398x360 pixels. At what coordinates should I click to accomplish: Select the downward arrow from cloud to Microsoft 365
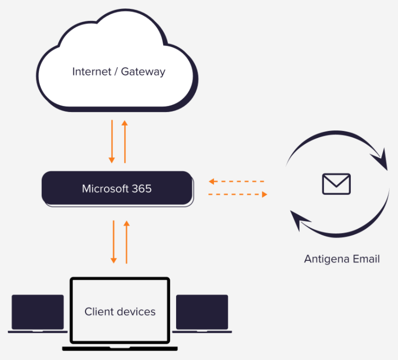click(x=112, y=141)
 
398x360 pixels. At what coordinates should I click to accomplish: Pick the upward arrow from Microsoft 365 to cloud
click(x=125, y=141)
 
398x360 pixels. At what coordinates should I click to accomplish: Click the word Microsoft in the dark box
click(x=102, y=189)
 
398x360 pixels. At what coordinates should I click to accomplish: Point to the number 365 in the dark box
click(x=142, y=189)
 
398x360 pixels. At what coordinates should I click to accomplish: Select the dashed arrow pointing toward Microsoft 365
click(x=236, y=182)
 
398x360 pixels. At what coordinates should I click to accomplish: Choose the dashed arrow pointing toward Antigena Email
click(x=238, y=194)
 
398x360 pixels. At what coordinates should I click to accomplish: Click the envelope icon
click(x=336, y=184)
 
